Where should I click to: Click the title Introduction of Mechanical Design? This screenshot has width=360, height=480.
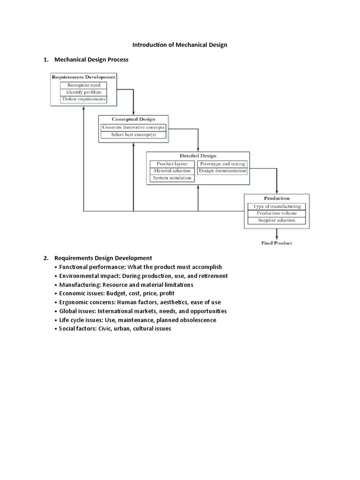tap(180, 45)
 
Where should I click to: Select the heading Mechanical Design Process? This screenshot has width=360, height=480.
tap(91, 60)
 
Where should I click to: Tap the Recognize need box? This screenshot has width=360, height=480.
tap(83, 85)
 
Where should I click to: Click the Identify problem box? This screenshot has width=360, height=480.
tap(83, 92)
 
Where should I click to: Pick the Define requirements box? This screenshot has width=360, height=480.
tap(83, 99)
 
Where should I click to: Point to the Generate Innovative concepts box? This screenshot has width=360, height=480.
tap(134, 127)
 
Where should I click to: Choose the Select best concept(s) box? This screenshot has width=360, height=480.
tap(134, 135)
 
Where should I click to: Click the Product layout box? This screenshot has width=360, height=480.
tap(172, 164)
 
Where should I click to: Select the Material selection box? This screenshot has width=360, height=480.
tap(172, 171)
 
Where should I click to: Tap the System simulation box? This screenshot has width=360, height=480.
tap(172, 178)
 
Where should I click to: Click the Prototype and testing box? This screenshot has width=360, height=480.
tap(222, 164)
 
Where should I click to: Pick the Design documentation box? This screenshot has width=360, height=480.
tap(222, 171)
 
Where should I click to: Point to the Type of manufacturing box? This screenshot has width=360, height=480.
tap(277, 206)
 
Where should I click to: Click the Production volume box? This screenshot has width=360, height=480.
tap(277, 213)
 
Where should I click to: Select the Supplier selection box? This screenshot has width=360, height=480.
tap(277, 220)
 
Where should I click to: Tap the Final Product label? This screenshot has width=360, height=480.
tap(277, 243)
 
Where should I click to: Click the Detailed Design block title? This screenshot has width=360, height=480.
tap(198, 156)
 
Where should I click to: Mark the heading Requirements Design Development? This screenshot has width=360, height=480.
tap(103, 258)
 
